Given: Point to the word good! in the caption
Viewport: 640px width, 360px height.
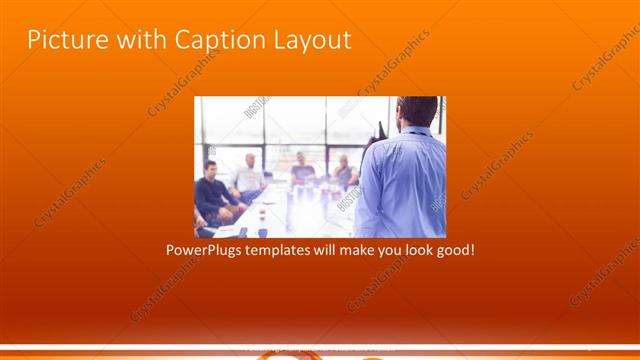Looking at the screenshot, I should pos(452,249).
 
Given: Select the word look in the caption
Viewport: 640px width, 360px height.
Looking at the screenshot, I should pos(412,249).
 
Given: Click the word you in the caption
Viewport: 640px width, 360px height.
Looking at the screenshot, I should pos(381,249).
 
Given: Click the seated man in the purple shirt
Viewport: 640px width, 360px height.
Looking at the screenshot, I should pos(302,170).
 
